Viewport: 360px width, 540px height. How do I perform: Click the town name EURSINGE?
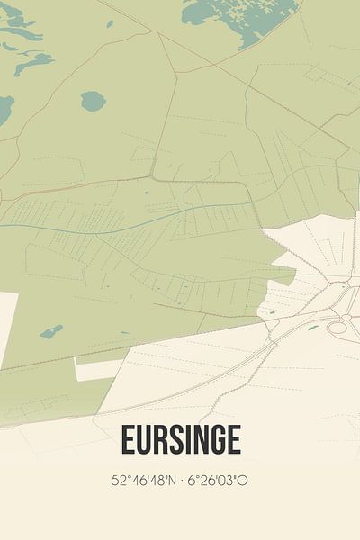pyautogui.click(x=180, y=440)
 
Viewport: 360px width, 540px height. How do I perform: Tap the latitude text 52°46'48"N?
pyautogui.click(x=140, y=481)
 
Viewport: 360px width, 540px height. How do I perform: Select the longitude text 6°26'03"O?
pyautogui.click(x=218, y=481)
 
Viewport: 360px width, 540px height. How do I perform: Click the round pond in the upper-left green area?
pyautogui.click(x=93, y=101)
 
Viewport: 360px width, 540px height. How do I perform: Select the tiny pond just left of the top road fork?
pyautogui.click(x=110, y=24)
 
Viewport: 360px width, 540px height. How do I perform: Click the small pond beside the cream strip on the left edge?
pyautogui.click(x=51, y=332)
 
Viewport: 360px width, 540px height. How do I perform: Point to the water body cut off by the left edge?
pyautogui.click(x=4, y=111)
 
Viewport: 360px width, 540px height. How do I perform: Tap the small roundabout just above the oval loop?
pyautogui.click(x=345, y=316)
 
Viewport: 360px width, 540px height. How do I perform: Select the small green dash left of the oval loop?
pyautogui.click(x=312, y=328)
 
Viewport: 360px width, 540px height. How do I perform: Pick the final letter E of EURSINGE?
pyautogui.click(x=233, y=440)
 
